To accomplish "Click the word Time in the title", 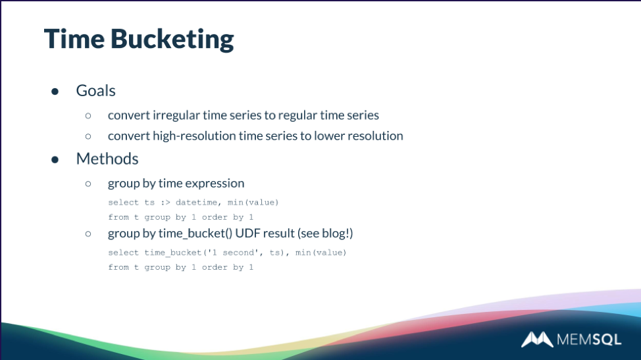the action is click(74, 39).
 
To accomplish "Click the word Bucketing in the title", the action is click(172, 40).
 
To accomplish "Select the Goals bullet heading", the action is click(95, 91).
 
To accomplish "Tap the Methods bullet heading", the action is click(107, 159).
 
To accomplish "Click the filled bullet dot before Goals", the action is click(55, 91).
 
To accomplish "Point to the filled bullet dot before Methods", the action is click(55, 160).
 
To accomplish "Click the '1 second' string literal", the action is click(233, 253).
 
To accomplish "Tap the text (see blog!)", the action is click(325, 234).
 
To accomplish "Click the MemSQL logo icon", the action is click(537, 340).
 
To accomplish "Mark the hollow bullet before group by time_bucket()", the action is click(88, 234).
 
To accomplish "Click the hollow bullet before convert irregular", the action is click(88, 116).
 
